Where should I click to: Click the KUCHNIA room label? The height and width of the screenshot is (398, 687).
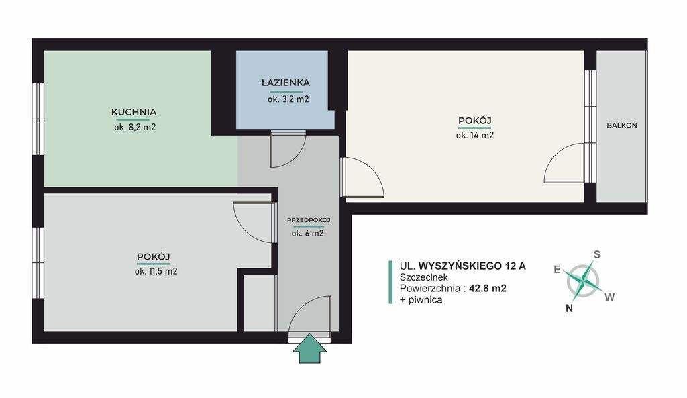pyautogui.click(x=134, y=112)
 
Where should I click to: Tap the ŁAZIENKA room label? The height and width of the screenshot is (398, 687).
pyautogui.click(x=286, y=83)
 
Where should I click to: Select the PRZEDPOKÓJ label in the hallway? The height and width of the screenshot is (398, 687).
pyautogui.click(x=309, y=220)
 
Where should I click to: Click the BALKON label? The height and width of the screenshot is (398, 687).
pyautogui.click(x=622, y=126)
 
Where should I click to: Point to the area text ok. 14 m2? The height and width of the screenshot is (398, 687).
pyautogui.click(x=475, y=136)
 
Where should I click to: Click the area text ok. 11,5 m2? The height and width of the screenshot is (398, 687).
pyautogui.click(x=156, y=271)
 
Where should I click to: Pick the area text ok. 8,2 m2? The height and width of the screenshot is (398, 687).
pyautogui.click(x=135, y=128)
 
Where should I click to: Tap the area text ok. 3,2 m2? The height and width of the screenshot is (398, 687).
pyautogui.click(x=288, y=99)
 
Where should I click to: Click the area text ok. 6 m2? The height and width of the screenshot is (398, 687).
pyautogui.click(x=307, y=234)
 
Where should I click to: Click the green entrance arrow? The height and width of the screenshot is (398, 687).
pyautogui.click(x=310, y=348)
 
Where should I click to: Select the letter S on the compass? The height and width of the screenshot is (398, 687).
pyautogui.click(x=596, y=254)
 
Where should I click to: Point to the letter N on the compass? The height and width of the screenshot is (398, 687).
pyautogui.click(x=569, y=308)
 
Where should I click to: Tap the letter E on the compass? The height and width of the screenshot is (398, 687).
pyautogui.click(x=557, y=270)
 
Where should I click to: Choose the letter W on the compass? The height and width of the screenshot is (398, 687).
pyautogui.click(x=609, y=297)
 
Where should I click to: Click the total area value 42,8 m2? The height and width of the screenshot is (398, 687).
pyautogui.click(x=488, y=289)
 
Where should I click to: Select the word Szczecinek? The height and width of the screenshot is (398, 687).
pyautogui.click(x=424, y=277)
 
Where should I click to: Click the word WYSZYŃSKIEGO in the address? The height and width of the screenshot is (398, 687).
pyautogui.click(x=459, y=266)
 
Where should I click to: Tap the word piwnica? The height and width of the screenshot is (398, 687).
pyautogui.click(x=425, y=300)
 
